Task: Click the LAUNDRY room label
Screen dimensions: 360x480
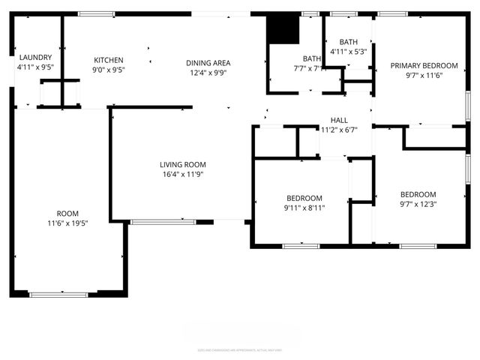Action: (34, 57)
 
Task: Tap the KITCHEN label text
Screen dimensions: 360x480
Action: (108, 61)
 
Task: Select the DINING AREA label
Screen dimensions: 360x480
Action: (208, 63)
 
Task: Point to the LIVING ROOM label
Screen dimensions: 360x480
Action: (182, 165)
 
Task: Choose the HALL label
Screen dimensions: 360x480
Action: (340, 120)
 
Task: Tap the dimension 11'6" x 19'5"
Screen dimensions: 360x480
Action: (67, 223)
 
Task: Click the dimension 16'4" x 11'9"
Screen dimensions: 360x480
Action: (182, 175)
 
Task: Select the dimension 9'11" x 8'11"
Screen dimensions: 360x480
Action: (303, 207)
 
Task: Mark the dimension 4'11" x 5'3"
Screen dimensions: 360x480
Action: (348, 52)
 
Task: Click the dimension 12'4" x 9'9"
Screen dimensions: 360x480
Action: (208, 73)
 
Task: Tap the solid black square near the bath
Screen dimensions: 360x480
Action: (283, 29)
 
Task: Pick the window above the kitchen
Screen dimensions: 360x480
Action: (97, 13)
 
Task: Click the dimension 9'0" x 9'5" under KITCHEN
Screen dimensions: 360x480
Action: (108, 70)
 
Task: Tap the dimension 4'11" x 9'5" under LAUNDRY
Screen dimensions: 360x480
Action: (34, 67)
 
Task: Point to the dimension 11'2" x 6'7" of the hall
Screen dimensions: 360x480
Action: (340, 130)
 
